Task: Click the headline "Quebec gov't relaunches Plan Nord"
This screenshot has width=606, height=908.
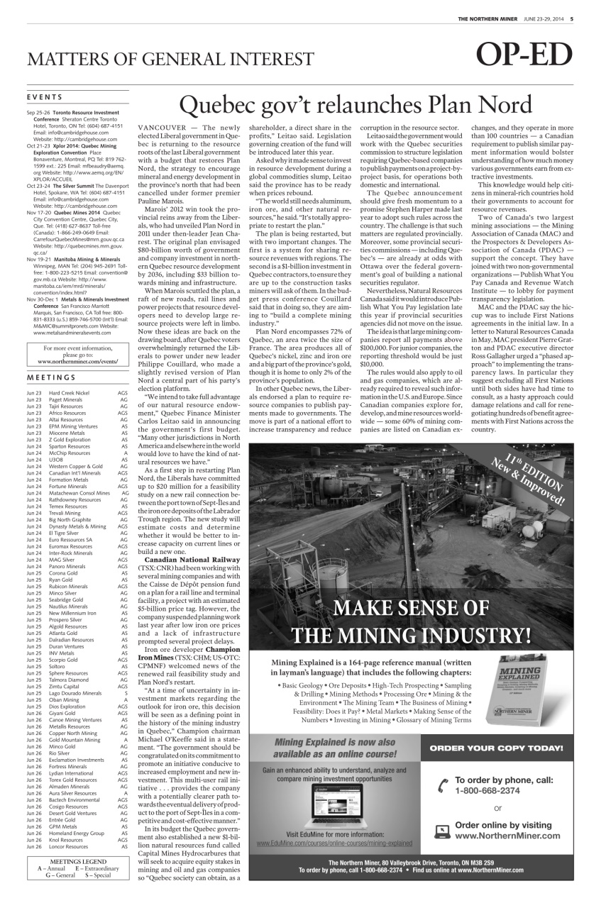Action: tap(356, 106)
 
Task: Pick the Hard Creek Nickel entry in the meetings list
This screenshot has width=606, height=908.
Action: tap(69, 392)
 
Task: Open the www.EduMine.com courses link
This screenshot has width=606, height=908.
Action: tap(334, 843)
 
